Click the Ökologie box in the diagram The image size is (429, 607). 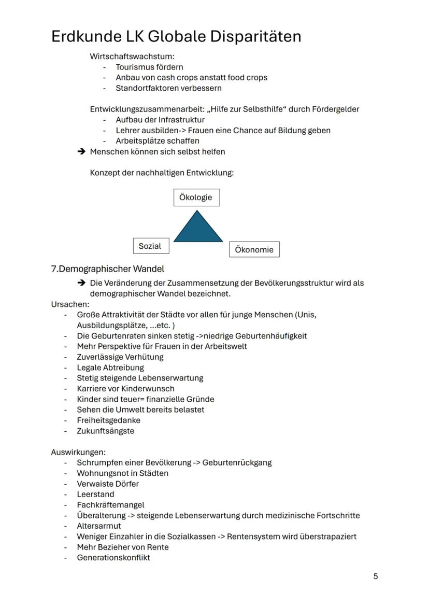tap(196, 197)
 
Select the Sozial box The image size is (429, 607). tap(150, 246)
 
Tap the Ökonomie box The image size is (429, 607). tap(254, 249)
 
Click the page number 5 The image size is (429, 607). tap(376, 576)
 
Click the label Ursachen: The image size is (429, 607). tap(70, 304)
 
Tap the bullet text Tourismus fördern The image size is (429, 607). tap(149, 67)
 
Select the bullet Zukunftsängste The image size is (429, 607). tap(105, 431)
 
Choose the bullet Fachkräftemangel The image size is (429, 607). tap(110, 505)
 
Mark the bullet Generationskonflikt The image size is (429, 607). tap(113, 558)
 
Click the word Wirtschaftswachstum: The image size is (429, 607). tap(132, 56)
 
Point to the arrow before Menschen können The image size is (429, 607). tap(81, 152)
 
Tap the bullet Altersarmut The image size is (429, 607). tap(99, 526)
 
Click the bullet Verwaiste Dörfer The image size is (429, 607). tap(108, 484)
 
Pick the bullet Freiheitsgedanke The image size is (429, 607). tap(108, 420)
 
